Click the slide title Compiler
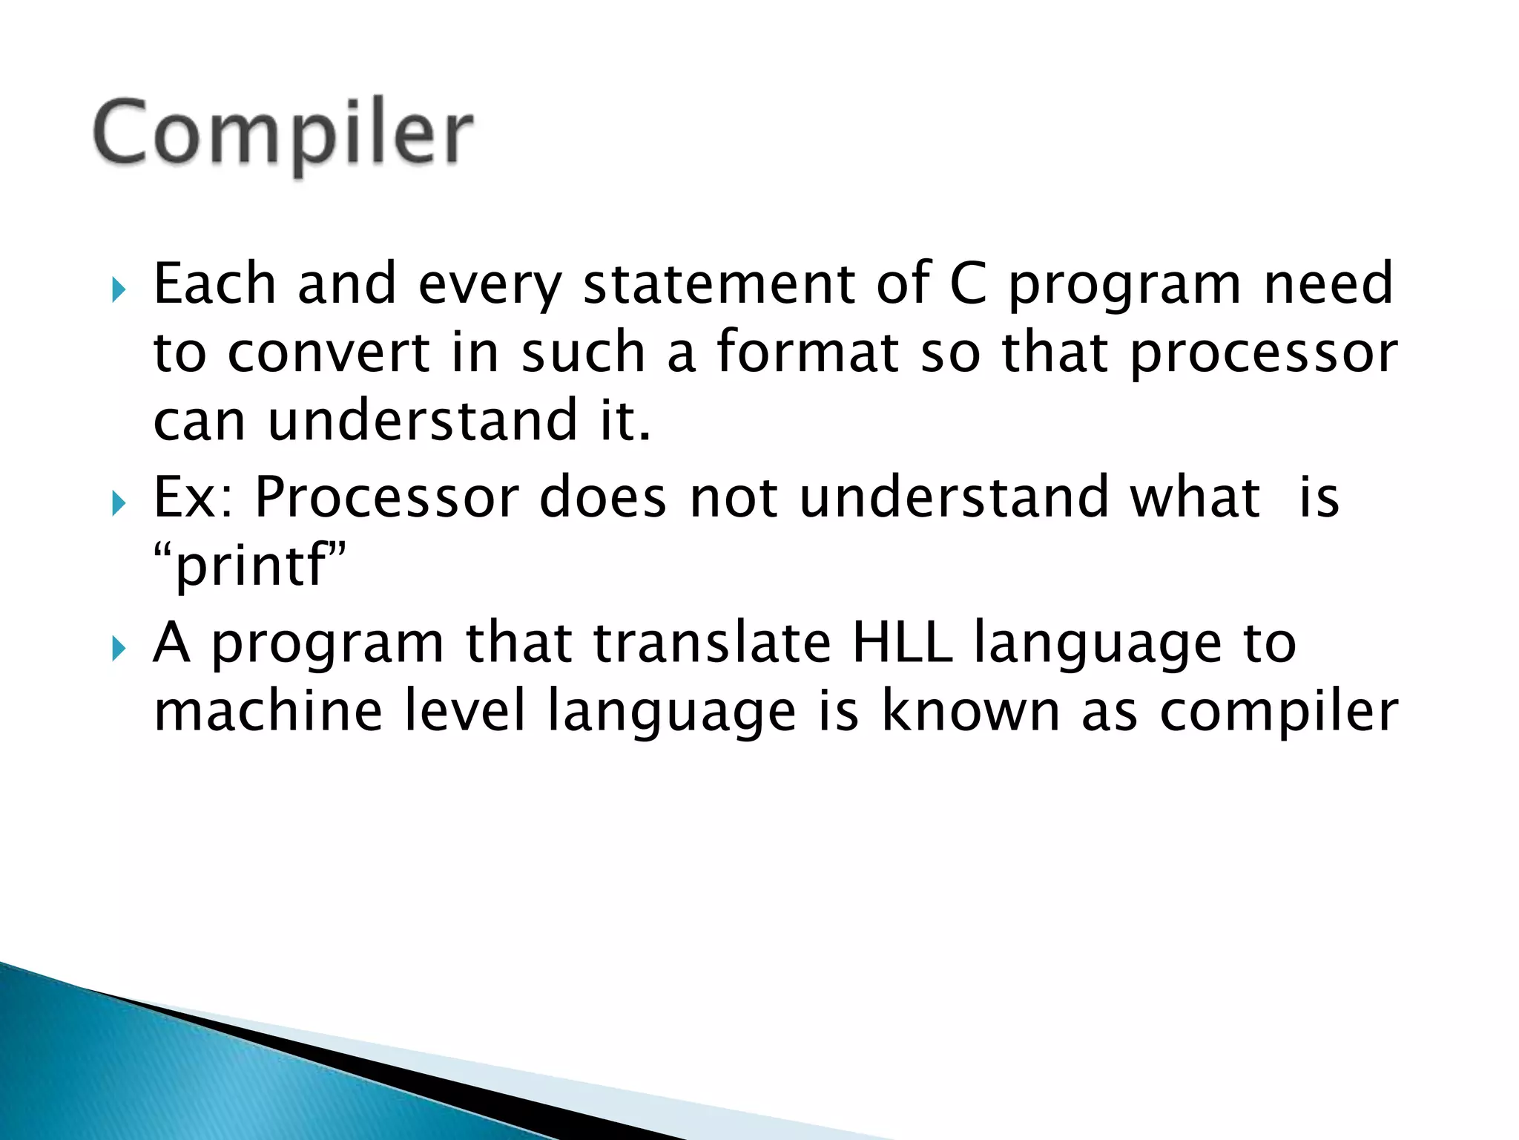click(x=283, y=134)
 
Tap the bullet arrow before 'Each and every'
click(x=118, y=289)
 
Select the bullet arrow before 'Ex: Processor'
click(x=118, y=504)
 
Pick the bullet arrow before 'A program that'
click(x=118, y=649)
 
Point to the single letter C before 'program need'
click(x=968, y=284)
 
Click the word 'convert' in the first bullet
click(x=328, y=353)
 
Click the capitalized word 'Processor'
click(x=386, y=497)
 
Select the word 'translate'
click(x=712, y=643)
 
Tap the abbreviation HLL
click(x=902, y=643)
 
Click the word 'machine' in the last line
click(x=268, y=711)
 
